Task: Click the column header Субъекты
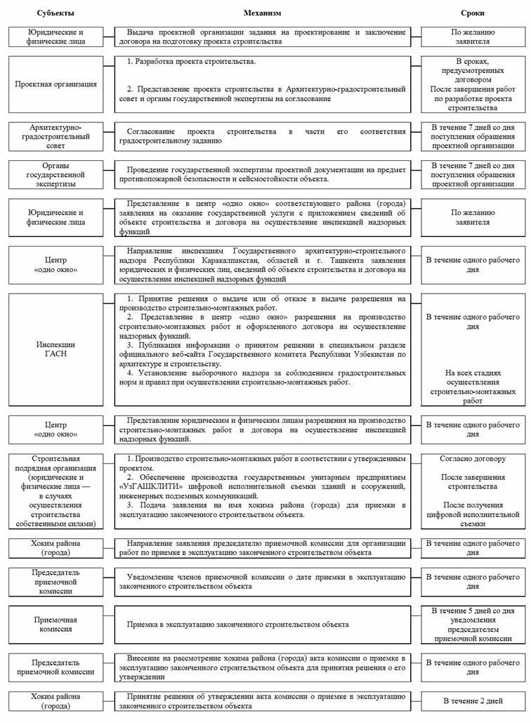click(x=59, y=13)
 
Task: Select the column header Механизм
click(x=262, y=13)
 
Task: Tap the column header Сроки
click(x=472, y=13)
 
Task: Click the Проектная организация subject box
click(x=56, y=84)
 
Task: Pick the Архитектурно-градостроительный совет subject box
click(x=56, y=136)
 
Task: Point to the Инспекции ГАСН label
click(x=56, y=350)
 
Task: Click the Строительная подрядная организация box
click(x=56, y=490)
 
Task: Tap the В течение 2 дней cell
click(x=473, y=701)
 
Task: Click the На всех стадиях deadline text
click(x=473, y=386)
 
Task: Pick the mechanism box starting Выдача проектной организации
click(x=263, y=37)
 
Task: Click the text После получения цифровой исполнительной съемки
click(x=473, y=514)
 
